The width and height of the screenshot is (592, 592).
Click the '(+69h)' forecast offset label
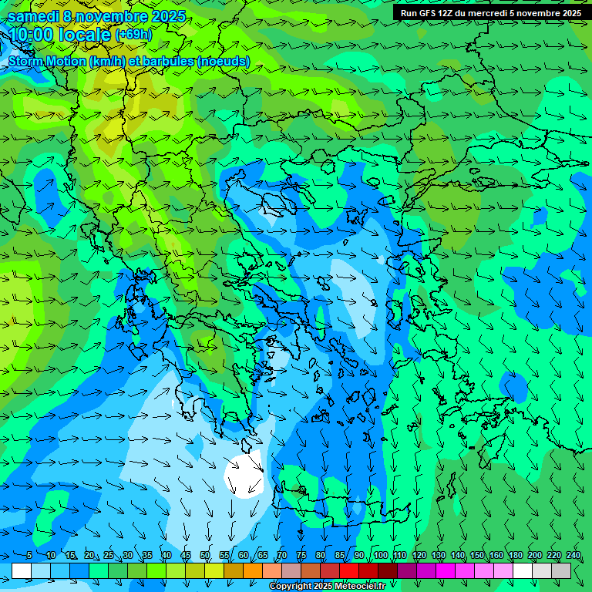pos(133,35)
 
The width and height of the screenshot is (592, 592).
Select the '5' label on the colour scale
pos(29,556)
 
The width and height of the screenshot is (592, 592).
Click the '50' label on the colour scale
pos(205,556)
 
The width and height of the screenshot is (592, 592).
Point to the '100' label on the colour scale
pos(380,556)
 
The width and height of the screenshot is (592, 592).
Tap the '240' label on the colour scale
pos(573,556)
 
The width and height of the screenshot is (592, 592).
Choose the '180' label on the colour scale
pos(515,556)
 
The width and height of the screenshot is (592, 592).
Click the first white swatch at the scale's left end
pos(22,570)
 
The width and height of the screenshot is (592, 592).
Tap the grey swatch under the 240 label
pos(561,570)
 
